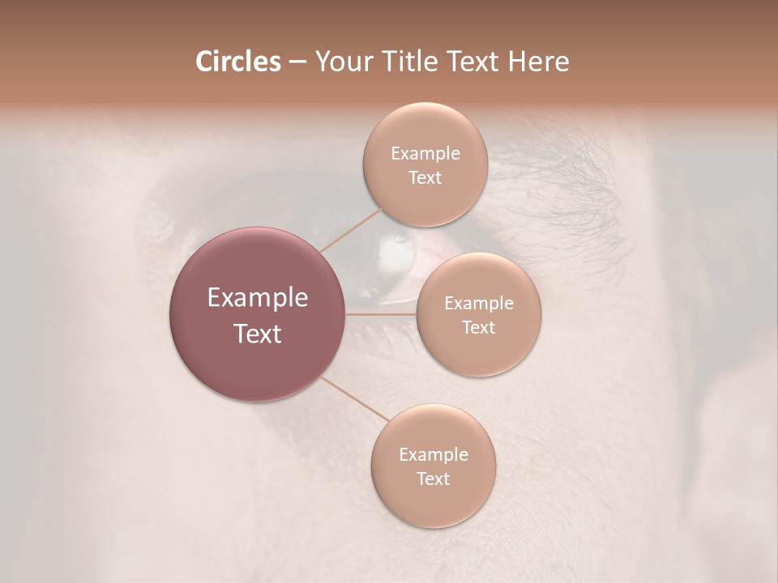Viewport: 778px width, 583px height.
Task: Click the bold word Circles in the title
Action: click(237, 62)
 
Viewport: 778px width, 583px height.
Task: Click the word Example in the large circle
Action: click(257, 298)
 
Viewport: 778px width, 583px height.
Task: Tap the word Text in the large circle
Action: click(257, 334)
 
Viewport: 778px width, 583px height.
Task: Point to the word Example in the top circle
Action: click(425, 154)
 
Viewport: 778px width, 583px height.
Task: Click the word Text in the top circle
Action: click(425, 178)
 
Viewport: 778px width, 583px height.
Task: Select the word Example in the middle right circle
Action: click(478, 304)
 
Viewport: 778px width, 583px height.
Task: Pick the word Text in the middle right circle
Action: click(478, 328)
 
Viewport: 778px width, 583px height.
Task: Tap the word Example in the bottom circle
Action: click(433, 455)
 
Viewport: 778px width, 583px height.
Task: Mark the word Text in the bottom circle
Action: click(433, 479)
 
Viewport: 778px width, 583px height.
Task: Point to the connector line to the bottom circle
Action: click(355, 399)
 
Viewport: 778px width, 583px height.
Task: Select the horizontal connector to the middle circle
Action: click(380, 313)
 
